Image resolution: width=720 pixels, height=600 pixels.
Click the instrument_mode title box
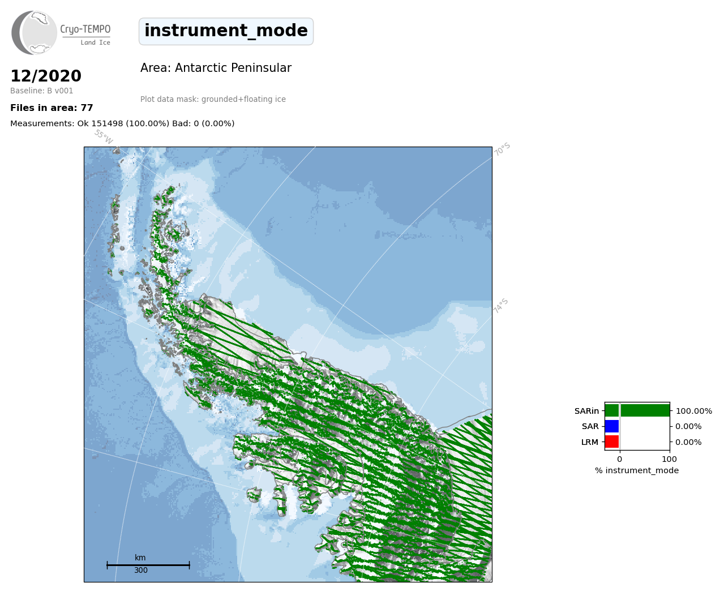[x=226, y=31]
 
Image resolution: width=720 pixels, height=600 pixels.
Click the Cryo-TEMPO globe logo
[x=34, y=33]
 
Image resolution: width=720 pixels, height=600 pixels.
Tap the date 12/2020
[x=46, y=76]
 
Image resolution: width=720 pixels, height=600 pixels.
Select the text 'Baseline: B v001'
[x=42, y=91]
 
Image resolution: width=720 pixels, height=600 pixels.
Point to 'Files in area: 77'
[x=52, y=108]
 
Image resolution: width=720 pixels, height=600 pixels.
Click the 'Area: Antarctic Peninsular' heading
[x=216, y=68]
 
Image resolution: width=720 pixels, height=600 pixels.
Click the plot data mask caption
[x=213, y=99]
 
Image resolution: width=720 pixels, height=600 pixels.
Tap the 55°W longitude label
[x=104, y=137]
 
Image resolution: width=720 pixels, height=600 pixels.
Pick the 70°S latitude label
[x=502, y=149]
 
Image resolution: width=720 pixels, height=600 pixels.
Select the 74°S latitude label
[x=501, y=306]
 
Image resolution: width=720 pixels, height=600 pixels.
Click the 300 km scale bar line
[x=148, y=565]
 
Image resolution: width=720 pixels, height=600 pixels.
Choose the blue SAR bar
[x=612, y=426]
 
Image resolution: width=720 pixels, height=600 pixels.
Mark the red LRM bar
[x=612, y=442]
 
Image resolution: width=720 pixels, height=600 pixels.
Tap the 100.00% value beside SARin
[x=694, y=411]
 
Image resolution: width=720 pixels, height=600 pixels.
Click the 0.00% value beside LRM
[x=688, y=442]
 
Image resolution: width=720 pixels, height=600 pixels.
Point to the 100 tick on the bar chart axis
[x=669, y=459]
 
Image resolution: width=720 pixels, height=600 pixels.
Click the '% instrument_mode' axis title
[x=637, y=470]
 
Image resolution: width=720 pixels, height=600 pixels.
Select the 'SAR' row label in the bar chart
[x=590, y=427]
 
